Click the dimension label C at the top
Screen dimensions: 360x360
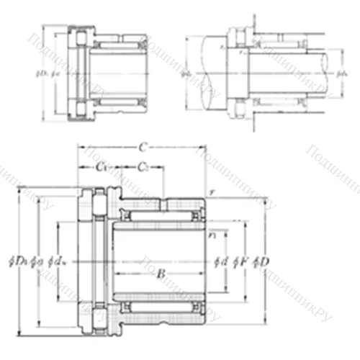click(143, 148)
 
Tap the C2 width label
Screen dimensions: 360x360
click(145, 168)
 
